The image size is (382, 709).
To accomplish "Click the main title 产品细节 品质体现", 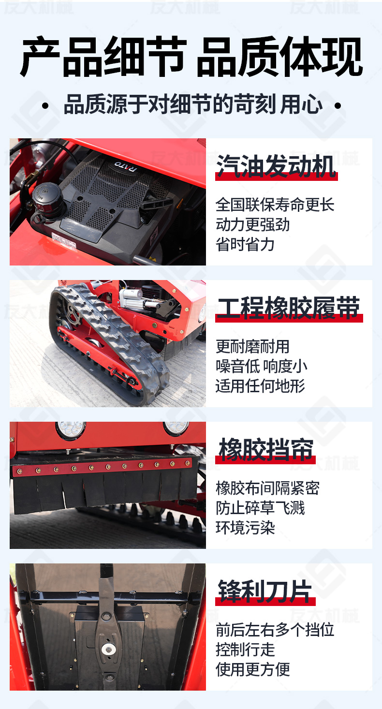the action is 191,57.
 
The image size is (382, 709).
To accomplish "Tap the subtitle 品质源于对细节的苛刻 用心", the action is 193,104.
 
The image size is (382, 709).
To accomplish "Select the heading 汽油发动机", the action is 276,166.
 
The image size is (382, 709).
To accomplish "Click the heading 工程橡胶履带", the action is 288,308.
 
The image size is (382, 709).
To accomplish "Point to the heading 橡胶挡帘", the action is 266,449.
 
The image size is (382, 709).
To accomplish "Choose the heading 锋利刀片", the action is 265,591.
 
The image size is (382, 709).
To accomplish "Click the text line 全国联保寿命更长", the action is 275,205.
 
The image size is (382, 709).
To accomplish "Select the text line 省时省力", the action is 245,244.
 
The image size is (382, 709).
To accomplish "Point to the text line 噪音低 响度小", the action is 262,366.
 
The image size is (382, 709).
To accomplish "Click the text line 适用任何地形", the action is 260,386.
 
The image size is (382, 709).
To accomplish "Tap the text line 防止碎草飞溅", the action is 260,508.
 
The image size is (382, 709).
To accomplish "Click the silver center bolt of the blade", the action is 108,649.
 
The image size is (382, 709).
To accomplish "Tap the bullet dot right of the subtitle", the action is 338,105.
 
